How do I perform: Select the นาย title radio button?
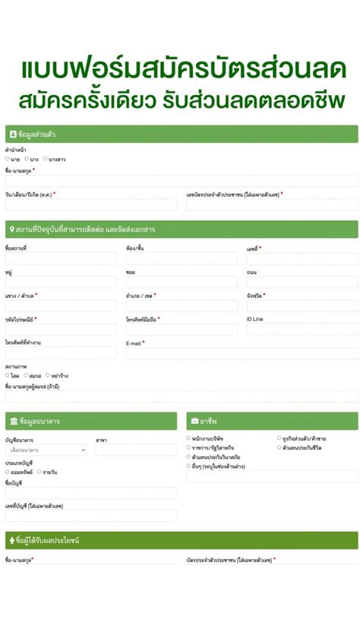8,159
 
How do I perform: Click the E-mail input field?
242,353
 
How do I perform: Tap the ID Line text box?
302,329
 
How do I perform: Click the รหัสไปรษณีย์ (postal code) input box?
61,329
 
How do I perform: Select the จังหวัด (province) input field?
302,305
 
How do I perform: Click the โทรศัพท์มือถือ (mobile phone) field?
182,329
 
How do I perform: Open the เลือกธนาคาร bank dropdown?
46,450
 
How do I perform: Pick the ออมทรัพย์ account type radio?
8,472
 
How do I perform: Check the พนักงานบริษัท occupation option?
189,438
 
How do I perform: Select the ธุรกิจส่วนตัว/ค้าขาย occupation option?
279,438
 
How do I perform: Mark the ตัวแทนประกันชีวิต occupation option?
279,447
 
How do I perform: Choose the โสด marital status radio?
8,375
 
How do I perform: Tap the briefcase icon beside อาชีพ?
194,421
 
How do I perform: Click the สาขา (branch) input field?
136,450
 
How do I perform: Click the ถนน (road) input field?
302,282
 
